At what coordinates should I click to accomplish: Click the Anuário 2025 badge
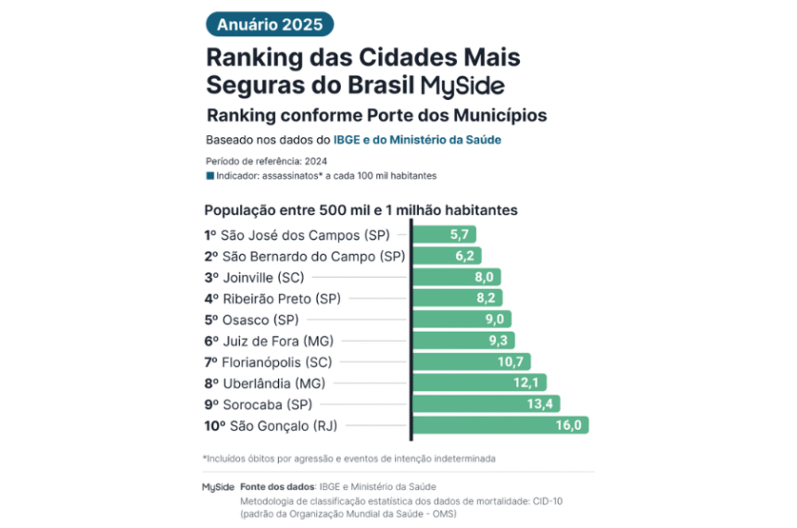270,25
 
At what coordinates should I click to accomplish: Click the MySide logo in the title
462,85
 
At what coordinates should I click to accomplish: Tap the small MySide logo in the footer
218,486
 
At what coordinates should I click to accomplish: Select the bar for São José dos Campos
445,235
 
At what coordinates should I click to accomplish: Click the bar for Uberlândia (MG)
478,383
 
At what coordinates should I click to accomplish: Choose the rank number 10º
214,425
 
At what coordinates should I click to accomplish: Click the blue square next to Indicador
209,175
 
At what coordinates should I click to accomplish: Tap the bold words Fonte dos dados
278,486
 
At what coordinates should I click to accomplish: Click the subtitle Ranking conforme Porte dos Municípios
376,116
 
